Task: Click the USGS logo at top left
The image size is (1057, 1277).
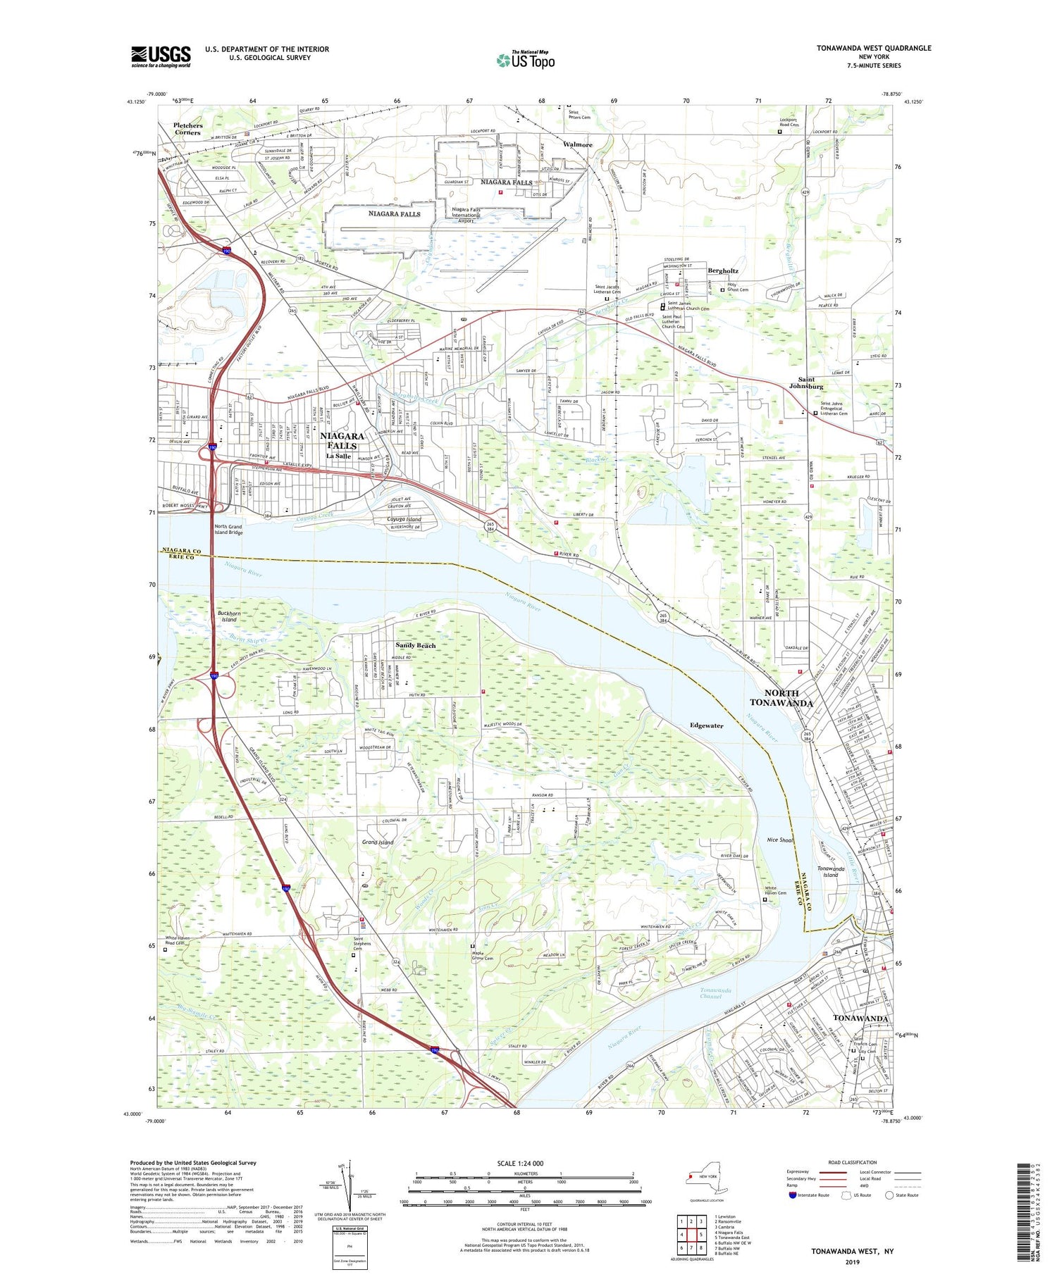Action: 161,56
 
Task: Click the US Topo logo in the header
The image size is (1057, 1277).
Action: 526,60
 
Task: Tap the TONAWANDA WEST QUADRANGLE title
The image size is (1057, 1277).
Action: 874,48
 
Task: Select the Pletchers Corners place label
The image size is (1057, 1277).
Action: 188,129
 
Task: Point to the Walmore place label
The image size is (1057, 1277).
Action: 577,144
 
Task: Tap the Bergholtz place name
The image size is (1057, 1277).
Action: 723,270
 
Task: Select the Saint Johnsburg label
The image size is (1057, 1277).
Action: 806,383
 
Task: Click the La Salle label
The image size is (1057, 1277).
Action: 338,456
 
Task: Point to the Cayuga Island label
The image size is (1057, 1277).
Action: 404,519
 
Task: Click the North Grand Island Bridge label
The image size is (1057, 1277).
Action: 228,530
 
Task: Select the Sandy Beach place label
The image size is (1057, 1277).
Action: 415,645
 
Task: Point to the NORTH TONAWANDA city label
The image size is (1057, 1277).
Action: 781,698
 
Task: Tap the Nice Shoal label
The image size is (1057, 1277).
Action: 780,840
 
